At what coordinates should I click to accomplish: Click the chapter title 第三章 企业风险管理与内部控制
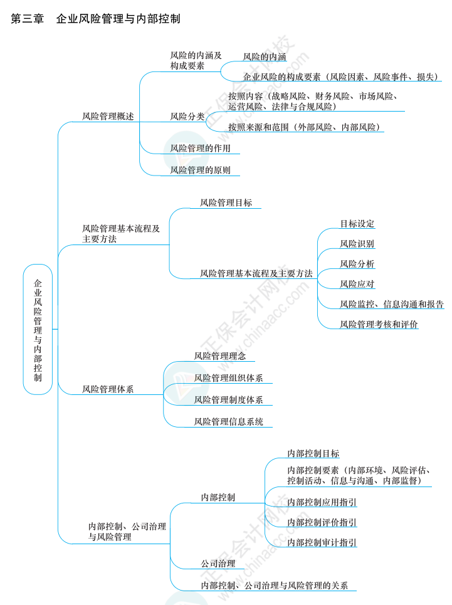tap(96, 19)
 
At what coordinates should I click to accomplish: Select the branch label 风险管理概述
tap(108, 116)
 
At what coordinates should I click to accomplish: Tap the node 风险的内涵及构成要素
tap(196, 60)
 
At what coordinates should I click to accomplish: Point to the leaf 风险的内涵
tap(265, 57)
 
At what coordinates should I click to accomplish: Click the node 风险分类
tap(187, 116)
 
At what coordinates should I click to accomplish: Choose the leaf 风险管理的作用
tap(200, 149)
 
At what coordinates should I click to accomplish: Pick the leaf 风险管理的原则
tap(200, 170)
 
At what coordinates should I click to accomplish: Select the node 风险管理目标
tap(226, 203)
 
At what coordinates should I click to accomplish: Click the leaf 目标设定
tap(357, 224)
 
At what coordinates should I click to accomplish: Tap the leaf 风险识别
tap(357, 244)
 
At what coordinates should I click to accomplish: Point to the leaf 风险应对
tap(357, 284)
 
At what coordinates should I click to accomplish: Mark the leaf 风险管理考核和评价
tap(379, 324)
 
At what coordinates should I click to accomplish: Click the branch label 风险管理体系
tap(108, 389)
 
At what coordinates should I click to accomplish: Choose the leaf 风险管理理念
tap(219, 356)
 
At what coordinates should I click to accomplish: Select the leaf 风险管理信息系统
tap(228, 422)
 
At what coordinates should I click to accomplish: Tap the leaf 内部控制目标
tap(313, 453)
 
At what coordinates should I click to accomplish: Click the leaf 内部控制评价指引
tap(322, 522)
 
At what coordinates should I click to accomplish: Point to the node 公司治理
tap(218, 564)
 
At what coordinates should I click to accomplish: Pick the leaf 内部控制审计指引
tap(322, 542)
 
